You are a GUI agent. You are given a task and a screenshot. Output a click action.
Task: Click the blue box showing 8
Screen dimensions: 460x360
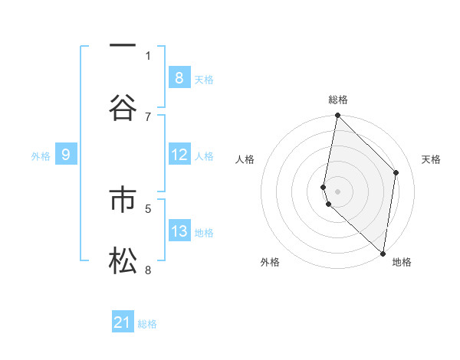(179, 77)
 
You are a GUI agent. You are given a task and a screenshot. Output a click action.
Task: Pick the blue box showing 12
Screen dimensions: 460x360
(179, 155)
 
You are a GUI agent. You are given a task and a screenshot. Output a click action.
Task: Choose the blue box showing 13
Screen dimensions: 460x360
(179, 231)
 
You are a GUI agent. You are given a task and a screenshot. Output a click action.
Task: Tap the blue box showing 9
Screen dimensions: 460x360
(66, 155)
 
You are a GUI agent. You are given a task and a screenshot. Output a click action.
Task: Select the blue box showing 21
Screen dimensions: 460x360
(123, 322)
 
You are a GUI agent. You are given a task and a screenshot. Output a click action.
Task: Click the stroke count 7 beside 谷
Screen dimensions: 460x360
(148, 116)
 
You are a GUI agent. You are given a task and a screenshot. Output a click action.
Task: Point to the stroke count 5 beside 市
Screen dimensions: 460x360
(148, 208)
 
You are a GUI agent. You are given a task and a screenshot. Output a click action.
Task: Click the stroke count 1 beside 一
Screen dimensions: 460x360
(148, 55)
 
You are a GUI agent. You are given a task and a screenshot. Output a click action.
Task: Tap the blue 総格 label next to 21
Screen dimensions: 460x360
(147, 324)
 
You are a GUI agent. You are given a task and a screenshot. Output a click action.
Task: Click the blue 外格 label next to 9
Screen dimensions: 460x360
(41, 156)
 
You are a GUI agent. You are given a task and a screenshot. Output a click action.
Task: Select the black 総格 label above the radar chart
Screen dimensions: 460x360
(338, 100)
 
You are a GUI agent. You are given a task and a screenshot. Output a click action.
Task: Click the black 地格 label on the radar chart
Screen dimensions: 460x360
(402, 262)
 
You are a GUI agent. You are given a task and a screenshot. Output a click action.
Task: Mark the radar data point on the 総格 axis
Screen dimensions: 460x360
(337, 116)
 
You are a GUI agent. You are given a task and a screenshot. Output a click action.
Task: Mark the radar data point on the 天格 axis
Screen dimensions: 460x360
(396, 172)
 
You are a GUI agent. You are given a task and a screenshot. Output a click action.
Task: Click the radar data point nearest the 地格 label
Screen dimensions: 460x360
(383, 253)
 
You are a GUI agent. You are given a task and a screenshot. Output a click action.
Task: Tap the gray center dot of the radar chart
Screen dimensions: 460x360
(337, 191)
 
